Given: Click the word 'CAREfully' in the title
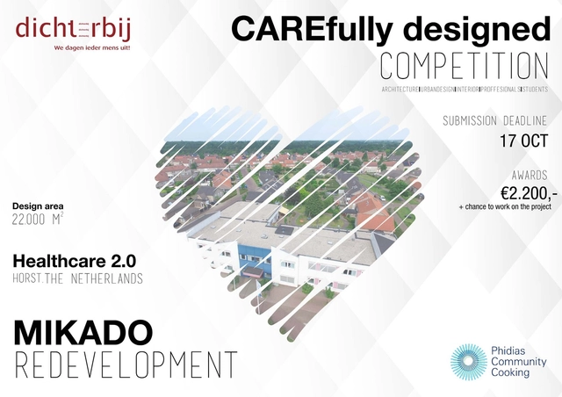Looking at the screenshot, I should coord(301,28).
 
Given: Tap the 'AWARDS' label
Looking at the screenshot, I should coord(529,175).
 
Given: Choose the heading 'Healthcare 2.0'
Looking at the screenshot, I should coord(73,261).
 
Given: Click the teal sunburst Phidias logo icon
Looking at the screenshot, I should coord(469,362).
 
